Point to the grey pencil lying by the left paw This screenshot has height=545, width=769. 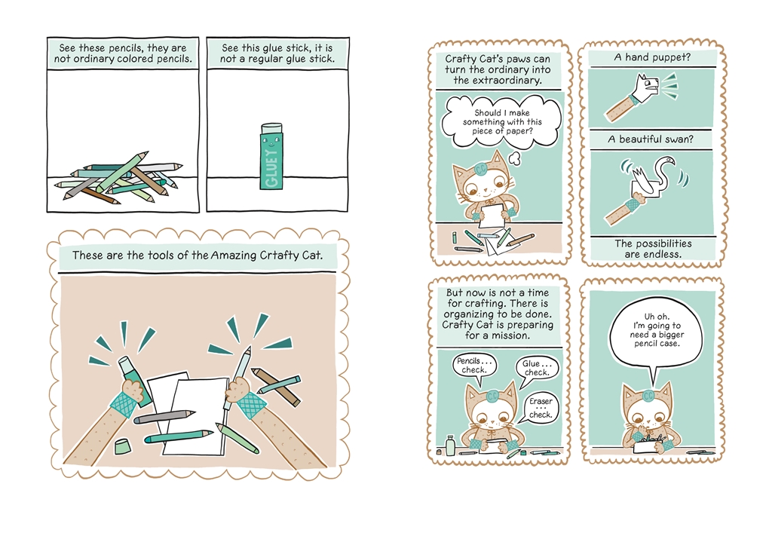[x=164, y=415]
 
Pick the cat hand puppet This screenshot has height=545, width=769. [x=649, y=86]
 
